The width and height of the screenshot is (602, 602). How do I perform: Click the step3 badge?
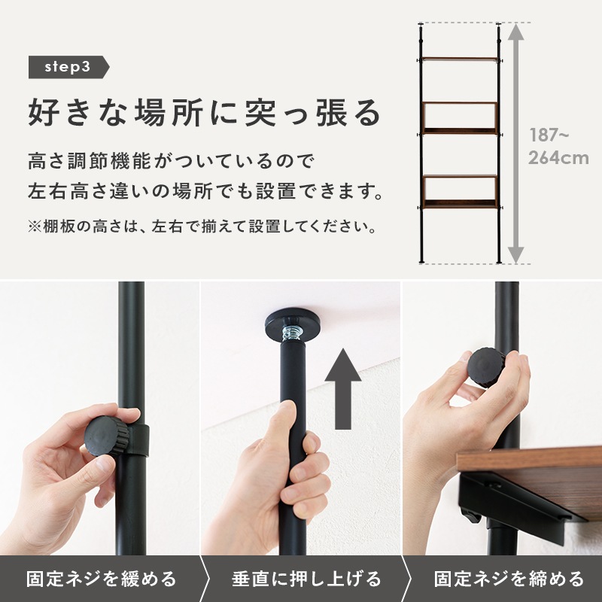[68, 67]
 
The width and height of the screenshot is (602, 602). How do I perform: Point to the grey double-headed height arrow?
[515, 143]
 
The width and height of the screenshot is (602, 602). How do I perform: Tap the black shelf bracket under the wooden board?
[519, 512]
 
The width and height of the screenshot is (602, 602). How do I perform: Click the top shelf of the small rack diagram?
[459, 59]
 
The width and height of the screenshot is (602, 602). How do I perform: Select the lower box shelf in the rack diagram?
[460, 191]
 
